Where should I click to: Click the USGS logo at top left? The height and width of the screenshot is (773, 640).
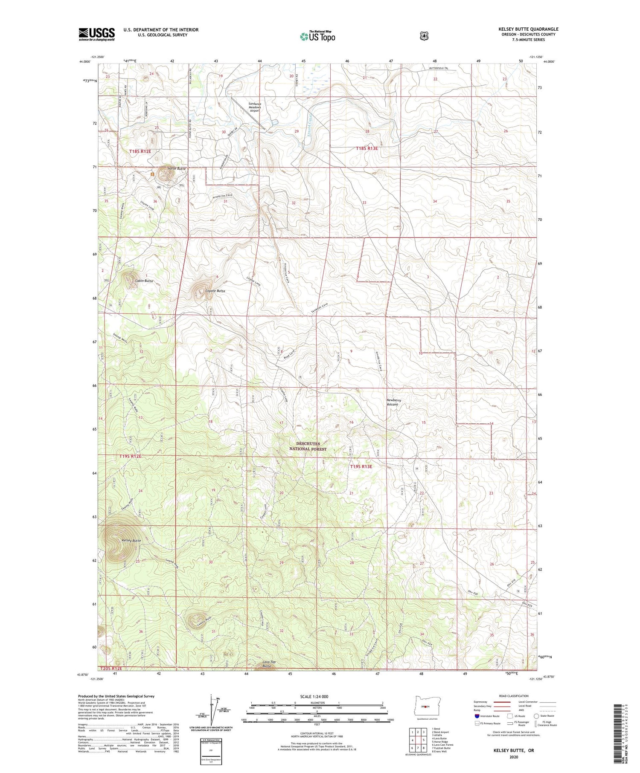click(x=96, y=34)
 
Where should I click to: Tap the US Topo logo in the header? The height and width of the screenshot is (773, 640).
click(x=317, y=36)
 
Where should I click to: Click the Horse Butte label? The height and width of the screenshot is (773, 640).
click(x=177, y=169)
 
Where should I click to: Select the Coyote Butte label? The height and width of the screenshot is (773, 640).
click(x=215, y=291)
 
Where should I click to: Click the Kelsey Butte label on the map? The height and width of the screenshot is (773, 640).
click(x=131, y=541)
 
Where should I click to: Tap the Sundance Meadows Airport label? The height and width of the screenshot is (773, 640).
click(x=254, y=107)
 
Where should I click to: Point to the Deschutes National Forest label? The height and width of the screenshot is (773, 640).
click(x=308, y=446)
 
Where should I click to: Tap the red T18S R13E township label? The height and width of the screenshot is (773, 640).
click(x=367, y=149)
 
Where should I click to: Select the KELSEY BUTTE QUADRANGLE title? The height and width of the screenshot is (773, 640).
click(x=528, y=29)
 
